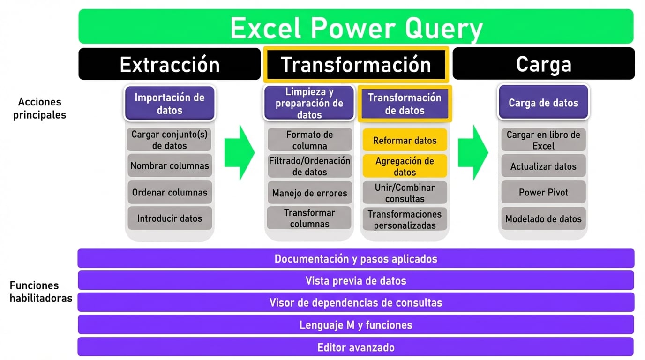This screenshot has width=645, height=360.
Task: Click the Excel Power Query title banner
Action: click(356, 27)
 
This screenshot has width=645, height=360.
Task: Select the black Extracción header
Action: click(169, 64)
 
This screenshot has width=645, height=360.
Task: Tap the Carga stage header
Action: click(543, 64)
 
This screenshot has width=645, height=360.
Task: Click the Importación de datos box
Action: click(169, 104)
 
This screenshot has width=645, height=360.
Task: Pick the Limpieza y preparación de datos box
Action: click(309, 103)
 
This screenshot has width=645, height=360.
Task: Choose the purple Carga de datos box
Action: click(543, 103)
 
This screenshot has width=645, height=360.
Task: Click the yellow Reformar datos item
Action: click(405, 140)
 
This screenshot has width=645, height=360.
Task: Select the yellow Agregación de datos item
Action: click(405, 166)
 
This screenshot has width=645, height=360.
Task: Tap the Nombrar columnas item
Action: click(169, 166)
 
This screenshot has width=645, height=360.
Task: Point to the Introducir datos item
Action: click(169, 218)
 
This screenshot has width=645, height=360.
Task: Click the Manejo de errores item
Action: click(309, 193)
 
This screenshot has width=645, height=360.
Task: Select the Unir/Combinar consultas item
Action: click(405, 193)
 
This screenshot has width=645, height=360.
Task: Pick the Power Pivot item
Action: click(543, 192)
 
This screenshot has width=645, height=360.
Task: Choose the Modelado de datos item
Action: click(543, 218)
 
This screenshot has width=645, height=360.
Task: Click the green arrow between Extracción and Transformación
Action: click(239, 152)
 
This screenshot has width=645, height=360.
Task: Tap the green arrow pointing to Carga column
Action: click(472, 152)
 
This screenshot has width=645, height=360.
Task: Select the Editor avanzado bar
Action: click(356, 347)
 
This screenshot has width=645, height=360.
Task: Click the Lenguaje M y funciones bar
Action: click(356, 325)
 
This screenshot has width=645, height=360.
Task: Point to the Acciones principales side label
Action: click(39, 108)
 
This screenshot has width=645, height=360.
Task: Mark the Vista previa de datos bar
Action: click(356, 281)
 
